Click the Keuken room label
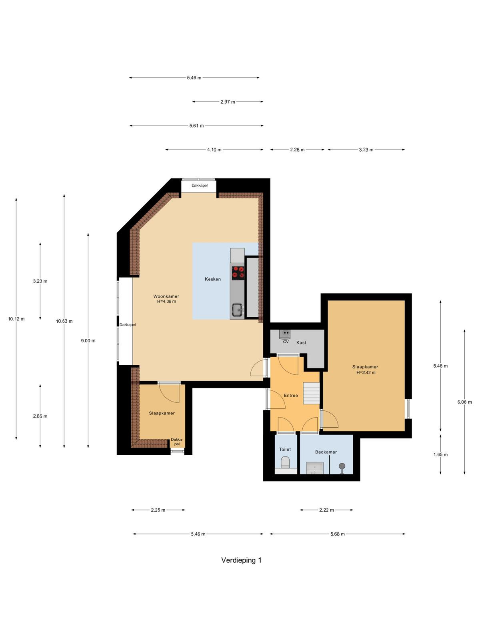[212, 279]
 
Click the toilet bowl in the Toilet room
[285, 463]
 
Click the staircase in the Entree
[311, 393]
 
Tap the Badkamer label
[326, 452]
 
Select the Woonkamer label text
[166, 296]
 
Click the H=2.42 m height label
[366, 372]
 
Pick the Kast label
[301, 342]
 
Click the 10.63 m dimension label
[64, 321]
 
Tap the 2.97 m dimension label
[228, 102]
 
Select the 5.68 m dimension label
[338, 534]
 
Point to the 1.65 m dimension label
[440, 454]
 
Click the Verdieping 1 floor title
[241, 560]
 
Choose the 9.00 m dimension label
[88, 340]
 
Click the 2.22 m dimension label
[326, 510]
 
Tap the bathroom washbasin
[314, 468]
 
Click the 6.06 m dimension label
[464, 402]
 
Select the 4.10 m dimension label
[214, 150]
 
